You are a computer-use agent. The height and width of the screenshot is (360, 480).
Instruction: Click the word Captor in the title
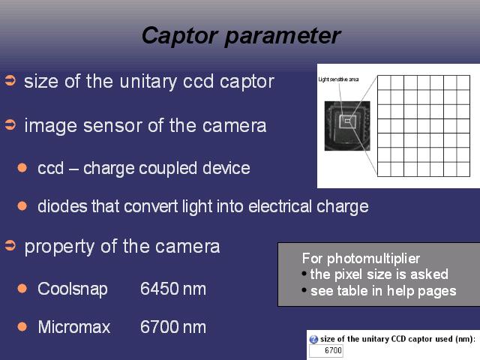pyautogui.click(x=180, y=36)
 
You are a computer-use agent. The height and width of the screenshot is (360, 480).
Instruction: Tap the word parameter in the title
pyautogui.click(x=283, y=36)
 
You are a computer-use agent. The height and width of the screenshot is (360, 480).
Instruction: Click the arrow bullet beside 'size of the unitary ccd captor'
pyautogui.click(x=10, y=80)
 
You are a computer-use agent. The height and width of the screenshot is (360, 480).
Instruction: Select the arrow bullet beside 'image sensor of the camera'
pyautogui.click(x=10, y=125)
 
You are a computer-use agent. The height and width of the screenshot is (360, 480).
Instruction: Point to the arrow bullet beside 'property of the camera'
pyautogui.click(x=10, y=245)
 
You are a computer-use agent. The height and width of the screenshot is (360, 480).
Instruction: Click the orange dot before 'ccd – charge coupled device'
pyautogui.click(x=22, y=168)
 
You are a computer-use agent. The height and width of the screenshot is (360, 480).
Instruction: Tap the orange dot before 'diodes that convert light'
pyautogui.click(x=22, y=205)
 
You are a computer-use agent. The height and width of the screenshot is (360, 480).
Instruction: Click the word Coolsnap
pyautogui.click(x=73, y=289)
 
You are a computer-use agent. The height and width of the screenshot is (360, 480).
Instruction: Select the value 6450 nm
pyautogui.click(x=173, y=289)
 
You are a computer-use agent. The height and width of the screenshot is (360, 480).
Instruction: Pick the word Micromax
pyautogui.click(x=74, y=327)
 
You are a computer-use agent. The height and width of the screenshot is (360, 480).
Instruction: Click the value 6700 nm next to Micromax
pyautogui.click(x=173, y=327)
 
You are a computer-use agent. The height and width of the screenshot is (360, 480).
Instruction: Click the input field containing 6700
pyautogui.click(x=325, y=350)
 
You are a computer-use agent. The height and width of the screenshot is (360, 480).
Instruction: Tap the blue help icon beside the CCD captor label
pyautogui.click(x=313, y=339)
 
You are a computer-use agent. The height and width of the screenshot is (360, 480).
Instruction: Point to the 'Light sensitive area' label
pyautogui.click(x=338, y=79)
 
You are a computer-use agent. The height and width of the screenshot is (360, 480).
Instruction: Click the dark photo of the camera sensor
pyautogui.click(x=347, y=126)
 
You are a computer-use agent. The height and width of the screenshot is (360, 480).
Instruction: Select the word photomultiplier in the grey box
pyautogui.click(x=373, y=259)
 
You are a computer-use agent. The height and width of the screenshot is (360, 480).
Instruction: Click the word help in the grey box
pyautogui.click(x=400, y=291)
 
